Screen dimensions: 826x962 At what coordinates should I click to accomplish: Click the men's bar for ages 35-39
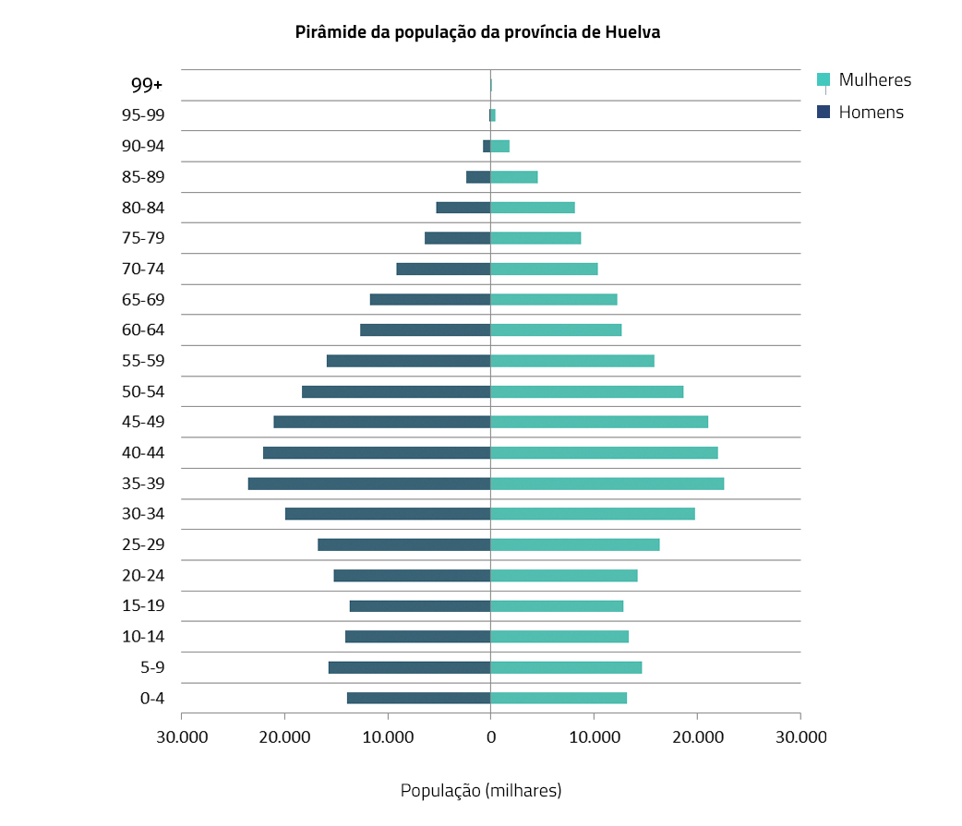click(369, 484)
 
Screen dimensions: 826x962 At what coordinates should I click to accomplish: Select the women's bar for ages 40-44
click(604, 453)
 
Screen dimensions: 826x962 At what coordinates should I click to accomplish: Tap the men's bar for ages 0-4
click(418, 698)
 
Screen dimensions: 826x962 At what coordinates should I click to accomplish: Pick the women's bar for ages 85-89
click(513, 177)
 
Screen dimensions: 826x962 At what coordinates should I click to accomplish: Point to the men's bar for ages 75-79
click(457, 238)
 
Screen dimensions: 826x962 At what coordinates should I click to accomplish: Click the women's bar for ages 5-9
click(566, 667)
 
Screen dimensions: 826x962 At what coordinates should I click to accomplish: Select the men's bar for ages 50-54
click(396, 391)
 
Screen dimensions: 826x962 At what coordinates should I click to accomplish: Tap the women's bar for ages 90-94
click(499, 146)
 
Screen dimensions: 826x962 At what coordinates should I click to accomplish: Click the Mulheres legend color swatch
click(824, 80)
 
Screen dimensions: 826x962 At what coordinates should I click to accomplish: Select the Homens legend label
click(871, 113)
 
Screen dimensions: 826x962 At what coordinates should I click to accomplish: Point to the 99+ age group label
click(147, 85)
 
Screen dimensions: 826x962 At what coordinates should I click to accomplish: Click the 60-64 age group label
click(143, 330)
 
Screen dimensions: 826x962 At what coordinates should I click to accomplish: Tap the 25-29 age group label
click(143, 545)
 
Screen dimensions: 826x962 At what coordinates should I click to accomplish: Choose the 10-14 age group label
click(143, 637)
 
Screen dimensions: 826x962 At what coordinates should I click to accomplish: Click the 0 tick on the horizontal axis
click(490, 736)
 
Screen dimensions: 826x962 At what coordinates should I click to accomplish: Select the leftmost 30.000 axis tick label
click(181, 736)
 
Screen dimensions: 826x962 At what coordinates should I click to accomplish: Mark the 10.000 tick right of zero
click(594, 736)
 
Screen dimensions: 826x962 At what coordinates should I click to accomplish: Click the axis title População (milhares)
click(481, 791)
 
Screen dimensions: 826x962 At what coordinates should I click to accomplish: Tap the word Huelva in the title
click(632, 32)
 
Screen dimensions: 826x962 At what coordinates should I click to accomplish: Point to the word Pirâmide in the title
click(328, 32)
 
